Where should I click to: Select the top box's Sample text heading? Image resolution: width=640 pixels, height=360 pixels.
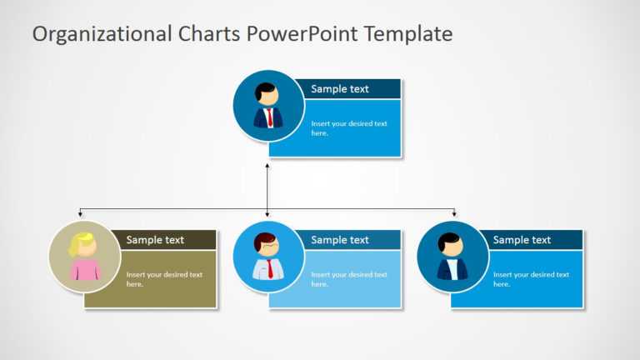[x=339, y=89]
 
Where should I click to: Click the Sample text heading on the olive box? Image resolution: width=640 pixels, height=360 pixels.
[x=155, y=240]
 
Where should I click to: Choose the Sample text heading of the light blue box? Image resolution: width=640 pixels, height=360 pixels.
[x=339, y=240]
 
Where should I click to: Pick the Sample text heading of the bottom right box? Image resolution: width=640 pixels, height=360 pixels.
[x=522, y=240]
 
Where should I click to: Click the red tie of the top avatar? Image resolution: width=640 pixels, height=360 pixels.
[x=269, y=117]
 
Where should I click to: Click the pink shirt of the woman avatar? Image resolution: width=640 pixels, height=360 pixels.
[x=85, y=270]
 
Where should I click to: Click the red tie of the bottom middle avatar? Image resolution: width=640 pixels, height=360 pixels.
[x=269, y=268]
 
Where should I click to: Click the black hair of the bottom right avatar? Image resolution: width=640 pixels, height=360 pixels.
[x=451, y=239]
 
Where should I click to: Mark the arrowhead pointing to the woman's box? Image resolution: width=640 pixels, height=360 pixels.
[x=81, y=215]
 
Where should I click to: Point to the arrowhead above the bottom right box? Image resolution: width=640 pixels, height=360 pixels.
[x=454, y=215]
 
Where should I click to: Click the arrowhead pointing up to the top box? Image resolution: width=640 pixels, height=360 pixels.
[x=267, y=167]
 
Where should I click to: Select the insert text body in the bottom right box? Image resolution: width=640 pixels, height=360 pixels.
[x=530, y=279]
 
